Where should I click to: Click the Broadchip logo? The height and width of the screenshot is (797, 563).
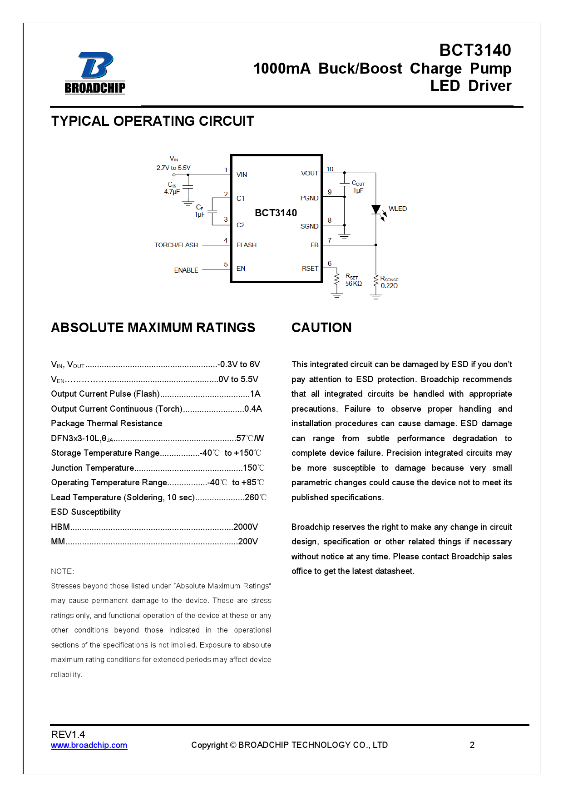coord(95,73)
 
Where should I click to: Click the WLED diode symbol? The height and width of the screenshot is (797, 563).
coord(376,210)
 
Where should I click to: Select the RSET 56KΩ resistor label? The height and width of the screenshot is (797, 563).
coord(353,280)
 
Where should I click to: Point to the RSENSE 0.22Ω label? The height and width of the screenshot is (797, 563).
coord(389,282)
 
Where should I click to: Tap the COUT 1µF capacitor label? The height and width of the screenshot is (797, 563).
coord(358,187)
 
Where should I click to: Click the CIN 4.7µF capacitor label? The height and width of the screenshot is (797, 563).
coord(172,188)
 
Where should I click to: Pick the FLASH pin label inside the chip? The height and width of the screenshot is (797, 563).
coord(247,245)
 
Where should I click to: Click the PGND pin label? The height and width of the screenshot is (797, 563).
coord(309,198)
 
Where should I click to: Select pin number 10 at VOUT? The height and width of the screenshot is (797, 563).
coord(330,169)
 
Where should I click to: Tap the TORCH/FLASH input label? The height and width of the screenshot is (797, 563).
coord(176,245)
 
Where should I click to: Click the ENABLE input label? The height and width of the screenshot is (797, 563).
coord(186,270)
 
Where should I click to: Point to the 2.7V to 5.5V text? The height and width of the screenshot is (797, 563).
coord(173,168)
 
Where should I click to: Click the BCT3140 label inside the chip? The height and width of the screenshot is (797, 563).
coord(276,213)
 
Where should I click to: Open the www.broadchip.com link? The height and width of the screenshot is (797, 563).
coord(89,745)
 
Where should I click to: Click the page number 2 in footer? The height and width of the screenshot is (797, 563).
coord(472,745)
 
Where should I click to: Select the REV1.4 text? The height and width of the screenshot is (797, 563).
coord(68,734)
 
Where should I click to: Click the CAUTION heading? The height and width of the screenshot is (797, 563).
coord(321,328)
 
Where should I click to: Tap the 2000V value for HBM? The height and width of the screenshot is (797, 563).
coord(246,527)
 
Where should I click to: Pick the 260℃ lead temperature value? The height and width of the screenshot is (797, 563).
coord(256,498)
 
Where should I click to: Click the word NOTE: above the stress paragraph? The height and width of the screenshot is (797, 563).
coord(63,571)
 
